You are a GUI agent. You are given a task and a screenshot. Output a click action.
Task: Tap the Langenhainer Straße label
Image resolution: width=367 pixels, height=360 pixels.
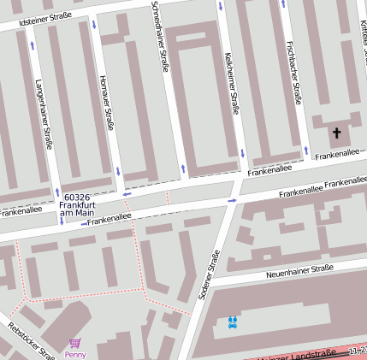click(44, 114)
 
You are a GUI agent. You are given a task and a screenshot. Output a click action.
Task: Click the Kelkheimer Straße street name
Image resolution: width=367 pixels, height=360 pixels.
click(231, 83)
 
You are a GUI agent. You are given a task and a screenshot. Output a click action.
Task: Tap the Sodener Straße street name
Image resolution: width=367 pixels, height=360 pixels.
click(209, 274)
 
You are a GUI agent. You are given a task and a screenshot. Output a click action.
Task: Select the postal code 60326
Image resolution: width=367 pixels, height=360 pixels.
click(77, 198)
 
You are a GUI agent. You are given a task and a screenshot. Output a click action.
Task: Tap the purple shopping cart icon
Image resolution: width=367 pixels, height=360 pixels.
click(74, 343)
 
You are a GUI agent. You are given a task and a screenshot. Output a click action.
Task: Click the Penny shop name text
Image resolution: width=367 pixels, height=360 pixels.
click(74, 354)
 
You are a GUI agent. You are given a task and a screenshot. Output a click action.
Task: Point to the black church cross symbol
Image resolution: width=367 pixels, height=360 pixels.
click(336, 133)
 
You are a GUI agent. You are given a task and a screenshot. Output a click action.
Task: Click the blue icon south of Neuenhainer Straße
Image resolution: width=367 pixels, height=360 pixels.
click(233, 322)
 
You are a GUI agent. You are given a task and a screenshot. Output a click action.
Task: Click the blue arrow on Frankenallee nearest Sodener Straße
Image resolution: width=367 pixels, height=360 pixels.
click(232, 200)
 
